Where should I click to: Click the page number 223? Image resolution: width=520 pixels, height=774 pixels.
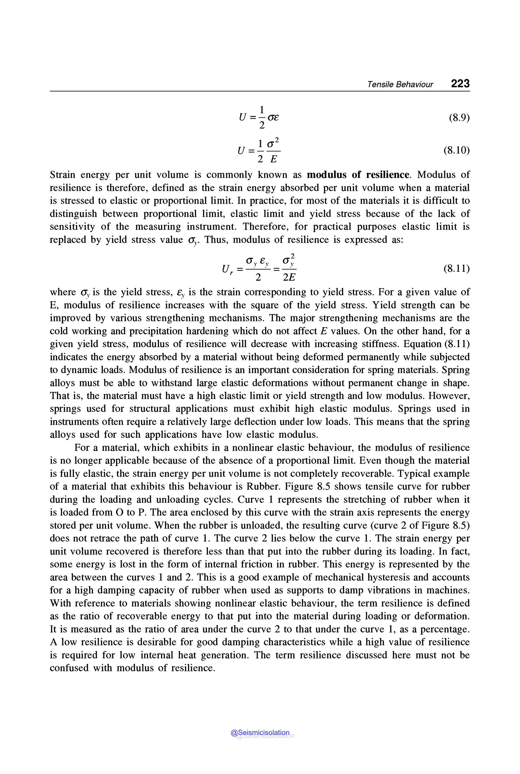[x=460, y=83]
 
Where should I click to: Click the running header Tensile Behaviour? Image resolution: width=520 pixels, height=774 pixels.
[x=400, y=85]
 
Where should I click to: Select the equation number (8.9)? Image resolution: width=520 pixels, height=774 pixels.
[x=459, y=118]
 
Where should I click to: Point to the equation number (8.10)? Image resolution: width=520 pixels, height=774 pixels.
[x=457, y=150]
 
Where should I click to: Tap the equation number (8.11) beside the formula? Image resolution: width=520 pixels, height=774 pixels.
[x=457, y=268]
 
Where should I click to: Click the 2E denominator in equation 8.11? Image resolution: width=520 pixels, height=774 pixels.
[x=289, y=277]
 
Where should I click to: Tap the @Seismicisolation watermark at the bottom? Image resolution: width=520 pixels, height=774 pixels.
[x=260, y=733]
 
